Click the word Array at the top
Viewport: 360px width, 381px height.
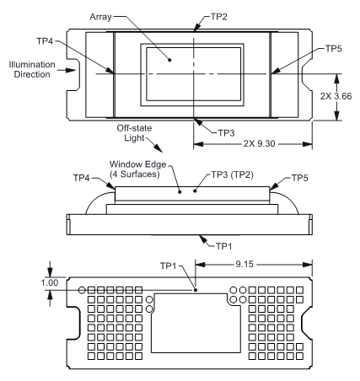[100, 17]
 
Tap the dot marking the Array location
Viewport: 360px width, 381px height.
[169, 60]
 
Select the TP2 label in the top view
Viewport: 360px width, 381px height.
[219, 17]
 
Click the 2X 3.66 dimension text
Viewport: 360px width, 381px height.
[336, 96]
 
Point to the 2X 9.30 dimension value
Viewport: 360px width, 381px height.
[259, 143]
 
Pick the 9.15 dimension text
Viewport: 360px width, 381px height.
[244, 264]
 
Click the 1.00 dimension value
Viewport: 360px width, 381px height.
[50, 282]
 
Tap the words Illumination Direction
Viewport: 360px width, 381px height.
[32, 69]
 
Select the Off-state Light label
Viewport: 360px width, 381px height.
[134, 133]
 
